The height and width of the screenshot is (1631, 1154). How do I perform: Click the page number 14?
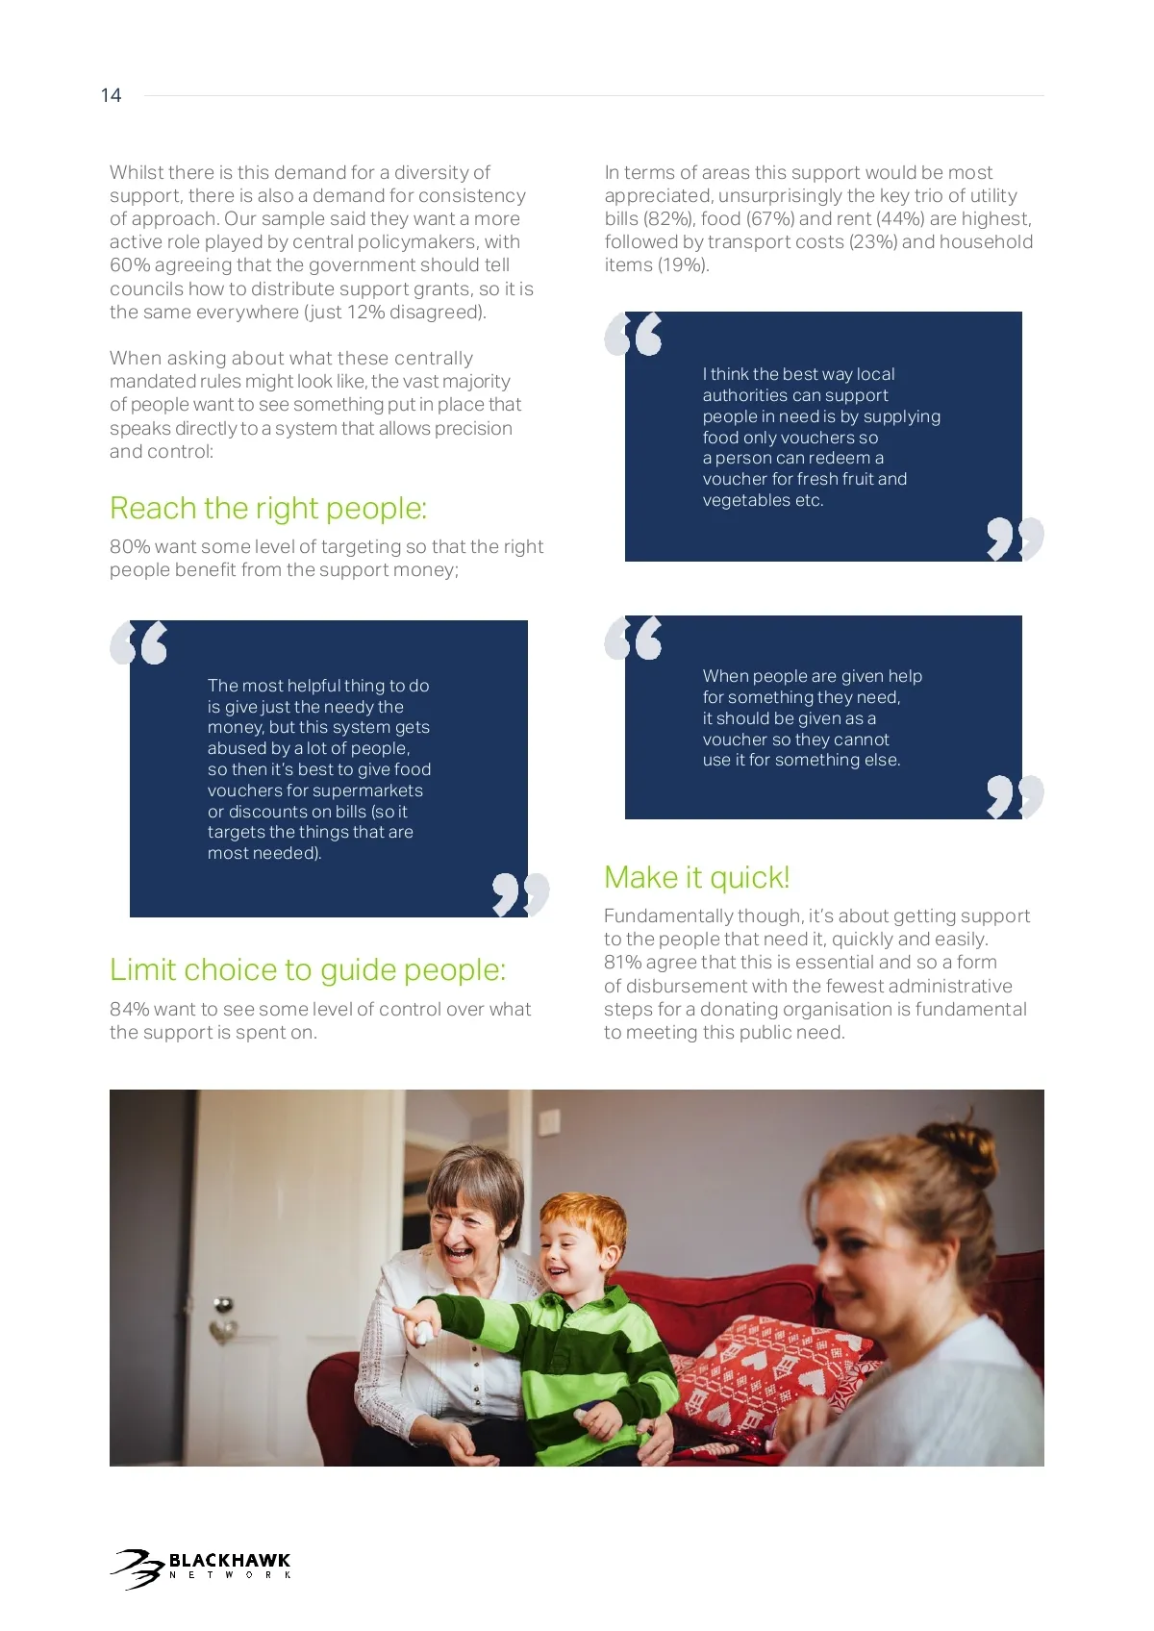(x=111, y=95)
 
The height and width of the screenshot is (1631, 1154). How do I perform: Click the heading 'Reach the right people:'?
(x=268, y=508)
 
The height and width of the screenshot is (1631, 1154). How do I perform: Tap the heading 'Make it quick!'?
(x=696, y=877)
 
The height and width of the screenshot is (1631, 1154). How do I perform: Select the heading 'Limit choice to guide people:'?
(x=307, y=969)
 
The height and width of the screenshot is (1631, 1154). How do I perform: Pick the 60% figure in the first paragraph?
(x=130, y=265)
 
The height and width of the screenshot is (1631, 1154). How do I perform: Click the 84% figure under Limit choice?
(x=130, y=1009)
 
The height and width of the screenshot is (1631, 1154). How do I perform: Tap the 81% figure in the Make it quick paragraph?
(x=623, y=963)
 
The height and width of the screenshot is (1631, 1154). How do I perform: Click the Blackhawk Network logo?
(x=201, y=1568)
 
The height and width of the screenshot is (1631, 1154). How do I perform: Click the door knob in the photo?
(x=224, y=1306)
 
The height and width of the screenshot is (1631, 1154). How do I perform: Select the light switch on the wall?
(x=549, y=1122)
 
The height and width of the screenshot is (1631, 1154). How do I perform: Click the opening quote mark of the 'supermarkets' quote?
(x=138, y=642)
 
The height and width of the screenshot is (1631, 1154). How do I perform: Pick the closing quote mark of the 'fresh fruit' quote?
(x=1015, y=539)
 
